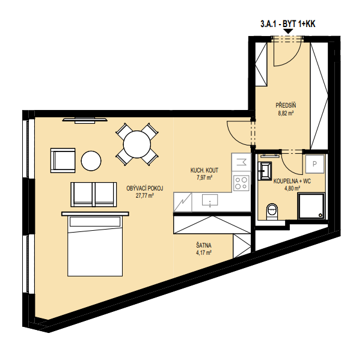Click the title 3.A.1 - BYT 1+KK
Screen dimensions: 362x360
pos(287,24)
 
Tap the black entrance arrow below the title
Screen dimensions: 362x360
pos(289,31)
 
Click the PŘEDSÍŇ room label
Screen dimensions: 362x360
pos(286,105)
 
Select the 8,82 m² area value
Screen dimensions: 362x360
pos(286,114)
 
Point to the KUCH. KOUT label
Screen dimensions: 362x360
pos(204,170)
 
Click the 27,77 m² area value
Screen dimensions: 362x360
pos(145,196)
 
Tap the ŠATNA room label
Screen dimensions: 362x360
pos(204,245)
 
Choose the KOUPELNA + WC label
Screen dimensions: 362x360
pos(292,181)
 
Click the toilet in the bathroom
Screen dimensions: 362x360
pos(272,211)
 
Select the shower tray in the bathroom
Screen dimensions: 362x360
pos(311,206)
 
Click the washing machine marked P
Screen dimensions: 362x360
pos(314,164)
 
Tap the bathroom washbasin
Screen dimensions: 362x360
pos(265,171)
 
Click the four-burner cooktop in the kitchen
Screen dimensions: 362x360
pos(241,183)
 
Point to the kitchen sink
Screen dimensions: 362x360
pos(210,200)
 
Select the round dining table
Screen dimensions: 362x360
pos(137,144)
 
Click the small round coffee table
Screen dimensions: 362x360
pos(91,161)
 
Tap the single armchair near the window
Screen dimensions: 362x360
pos(63,160)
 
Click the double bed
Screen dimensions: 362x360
pos(95,244)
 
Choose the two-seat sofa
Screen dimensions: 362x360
pos(94,194)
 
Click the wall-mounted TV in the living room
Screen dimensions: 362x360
pos(85,120)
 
